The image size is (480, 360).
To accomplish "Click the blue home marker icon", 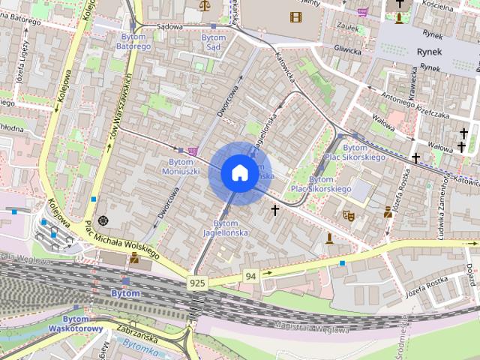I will point(238,173).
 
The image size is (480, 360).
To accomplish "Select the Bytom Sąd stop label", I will point(214,42).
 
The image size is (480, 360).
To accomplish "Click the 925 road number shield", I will point(197,283).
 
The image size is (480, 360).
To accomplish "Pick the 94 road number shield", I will point(250,277).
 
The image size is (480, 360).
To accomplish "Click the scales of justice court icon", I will point(205,5).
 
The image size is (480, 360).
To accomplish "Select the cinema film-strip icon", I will point(296,16).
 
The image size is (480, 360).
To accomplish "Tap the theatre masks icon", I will point(348,214).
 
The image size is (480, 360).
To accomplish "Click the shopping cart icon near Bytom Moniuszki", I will point(193,151).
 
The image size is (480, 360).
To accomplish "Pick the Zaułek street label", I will point(346,25).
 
